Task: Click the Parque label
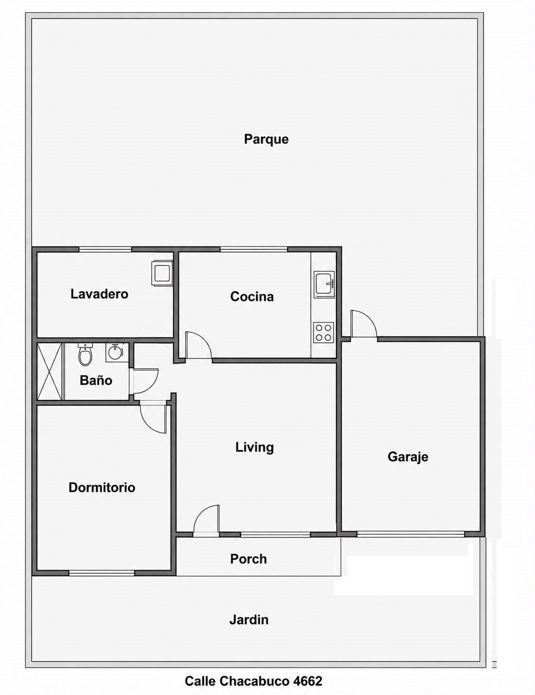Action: click(x=266, y=140)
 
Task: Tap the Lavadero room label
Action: click(x=99, y=294)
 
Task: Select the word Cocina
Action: click(x=252, y=297)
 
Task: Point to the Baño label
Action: click(x=96, y=380)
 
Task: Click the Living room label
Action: click(x=255, y=447)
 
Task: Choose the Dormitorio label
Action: click(x=102, y=487)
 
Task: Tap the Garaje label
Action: click(x=408, y=457)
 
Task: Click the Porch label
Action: click(x=248, y=559)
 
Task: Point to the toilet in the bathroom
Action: click(x=86, y=355)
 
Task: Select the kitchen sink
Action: click(x=325, y=283)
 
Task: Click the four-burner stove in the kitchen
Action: click(x=324, y=333)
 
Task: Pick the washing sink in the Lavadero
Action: click(x=163, y=273)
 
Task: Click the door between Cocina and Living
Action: click(x=198, y=345)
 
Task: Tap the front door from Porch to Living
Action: click(x=207, y=519)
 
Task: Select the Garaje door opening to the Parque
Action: click(x=363, y=323)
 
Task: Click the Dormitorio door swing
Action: click(x=154, y=419)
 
